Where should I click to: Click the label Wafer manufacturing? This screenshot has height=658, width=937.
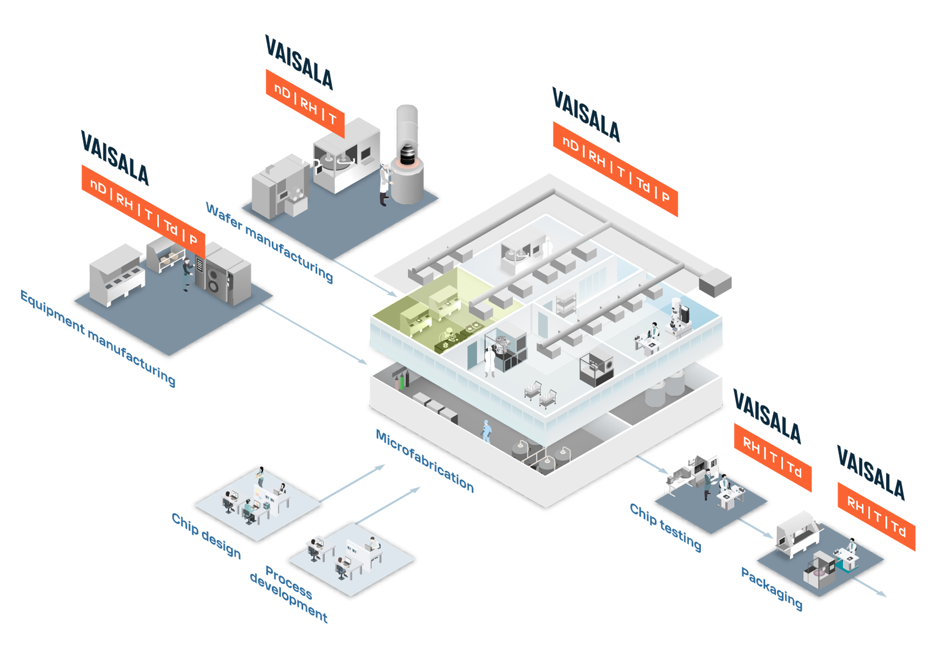pos(269,242)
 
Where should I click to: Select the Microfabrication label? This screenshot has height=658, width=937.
pos(425,461)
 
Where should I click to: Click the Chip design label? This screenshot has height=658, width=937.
pos(206,535)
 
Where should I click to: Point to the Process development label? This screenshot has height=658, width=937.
pos(288,594)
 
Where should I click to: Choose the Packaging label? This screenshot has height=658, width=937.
pos(772,588)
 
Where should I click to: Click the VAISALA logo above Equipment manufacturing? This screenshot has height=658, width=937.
pos(115,158)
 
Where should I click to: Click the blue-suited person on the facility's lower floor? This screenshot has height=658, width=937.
pos(487,431)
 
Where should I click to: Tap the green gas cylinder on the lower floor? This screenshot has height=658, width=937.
pos(402,382)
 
